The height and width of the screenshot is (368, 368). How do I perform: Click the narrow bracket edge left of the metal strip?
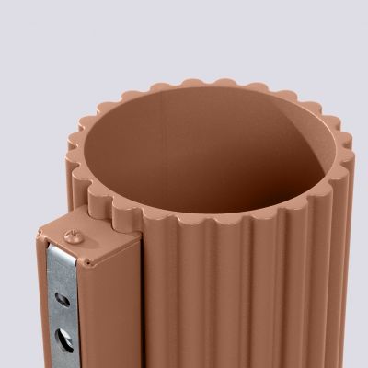pos(43,304)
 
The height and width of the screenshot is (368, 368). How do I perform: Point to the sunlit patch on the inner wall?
pos(276,147)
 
